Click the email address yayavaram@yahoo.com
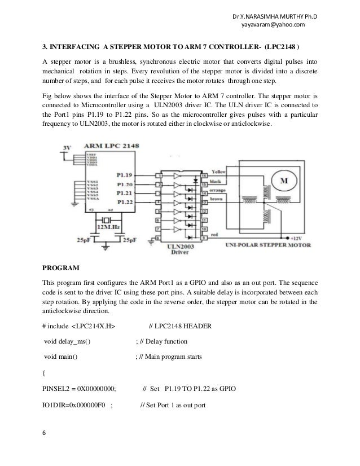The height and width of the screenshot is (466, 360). [273, 24]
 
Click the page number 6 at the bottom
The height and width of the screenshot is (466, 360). [45, 433]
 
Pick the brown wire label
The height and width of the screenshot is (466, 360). [218, 199]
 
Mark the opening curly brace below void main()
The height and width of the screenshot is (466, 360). [45, 373]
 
